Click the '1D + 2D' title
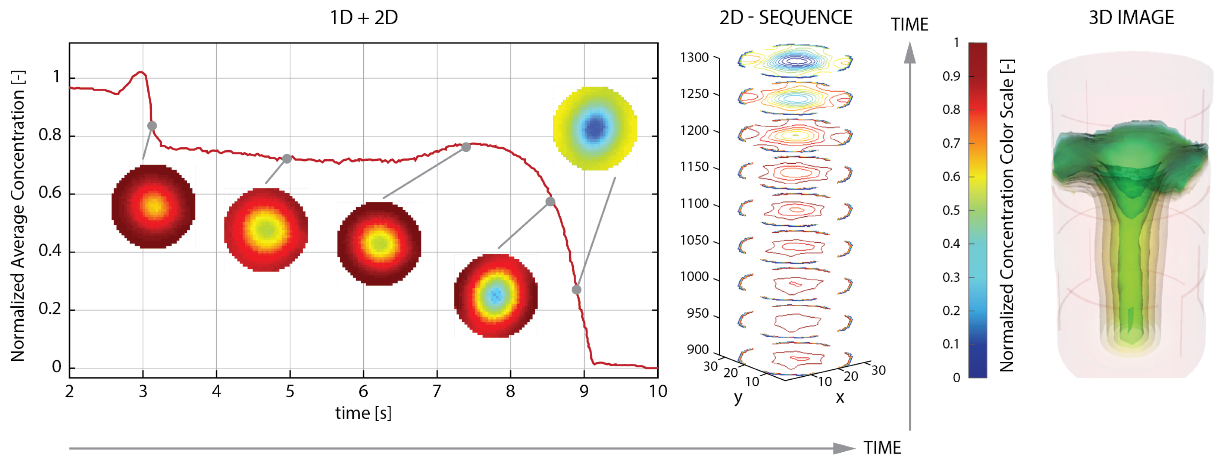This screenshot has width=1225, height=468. [364, 17]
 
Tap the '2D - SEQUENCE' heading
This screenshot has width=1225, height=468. [786, 17]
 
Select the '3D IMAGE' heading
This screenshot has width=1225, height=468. [1131, 17]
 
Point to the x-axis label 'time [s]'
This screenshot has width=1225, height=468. [363, 413]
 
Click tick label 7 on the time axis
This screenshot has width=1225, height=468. [436, 392]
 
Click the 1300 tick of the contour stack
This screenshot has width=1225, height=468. [694, 58]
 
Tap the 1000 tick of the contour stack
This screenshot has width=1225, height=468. [694, 277]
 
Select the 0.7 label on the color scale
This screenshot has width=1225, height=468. [951, 143]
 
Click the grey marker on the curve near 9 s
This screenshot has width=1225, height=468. [576, 289]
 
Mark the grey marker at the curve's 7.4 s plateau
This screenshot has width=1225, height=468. [466, 147]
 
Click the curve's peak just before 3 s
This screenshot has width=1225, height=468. [141, 72]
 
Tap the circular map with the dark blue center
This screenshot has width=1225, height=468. [595, 128]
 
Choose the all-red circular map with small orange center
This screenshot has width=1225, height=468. [153, 206]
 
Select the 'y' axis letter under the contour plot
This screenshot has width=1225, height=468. [738, 397]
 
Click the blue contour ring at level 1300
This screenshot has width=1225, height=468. [795, 60]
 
